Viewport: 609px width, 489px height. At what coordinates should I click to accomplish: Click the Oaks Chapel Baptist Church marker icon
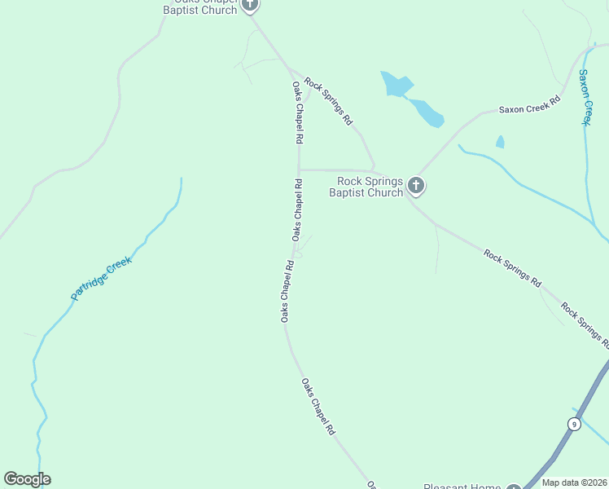tap(250, 5)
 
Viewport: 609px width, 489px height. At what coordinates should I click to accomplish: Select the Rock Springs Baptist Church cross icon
tap(415, 186)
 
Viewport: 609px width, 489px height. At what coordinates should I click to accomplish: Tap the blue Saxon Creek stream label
tap(584, 97)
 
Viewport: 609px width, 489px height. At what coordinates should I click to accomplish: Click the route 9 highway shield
tap(574, 424)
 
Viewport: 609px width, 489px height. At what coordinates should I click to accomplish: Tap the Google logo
tap(27, 479)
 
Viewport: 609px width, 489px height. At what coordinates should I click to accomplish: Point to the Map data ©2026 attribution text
tap(574, 482)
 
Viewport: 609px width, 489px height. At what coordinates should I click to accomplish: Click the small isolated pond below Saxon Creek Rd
tap(500, 142)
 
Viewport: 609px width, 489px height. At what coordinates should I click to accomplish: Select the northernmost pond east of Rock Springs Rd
tap(397, 84)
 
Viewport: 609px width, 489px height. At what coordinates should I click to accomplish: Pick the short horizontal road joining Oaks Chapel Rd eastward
tap(334, 170)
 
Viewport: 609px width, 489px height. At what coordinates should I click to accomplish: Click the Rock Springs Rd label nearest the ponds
tap(328, 100)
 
